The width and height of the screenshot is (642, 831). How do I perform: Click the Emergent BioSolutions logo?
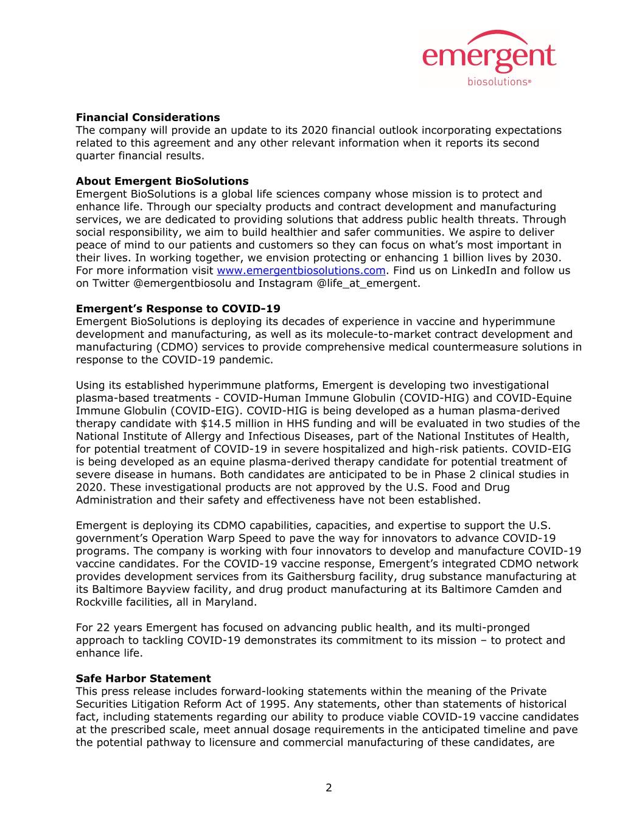489,59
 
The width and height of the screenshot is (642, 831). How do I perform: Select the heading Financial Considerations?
148,117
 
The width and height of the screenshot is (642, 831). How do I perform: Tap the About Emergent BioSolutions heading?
162,181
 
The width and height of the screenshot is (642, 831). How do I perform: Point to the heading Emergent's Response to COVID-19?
178,309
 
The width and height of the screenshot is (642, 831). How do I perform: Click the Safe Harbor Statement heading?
143,678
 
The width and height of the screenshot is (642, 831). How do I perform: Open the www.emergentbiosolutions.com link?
301,271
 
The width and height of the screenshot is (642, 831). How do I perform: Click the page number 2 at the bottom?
329,788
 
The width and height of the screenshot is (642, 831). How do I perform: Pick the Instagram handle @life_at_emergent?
368,284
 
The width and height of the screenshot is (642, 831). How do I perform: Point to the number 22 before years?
103,628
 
